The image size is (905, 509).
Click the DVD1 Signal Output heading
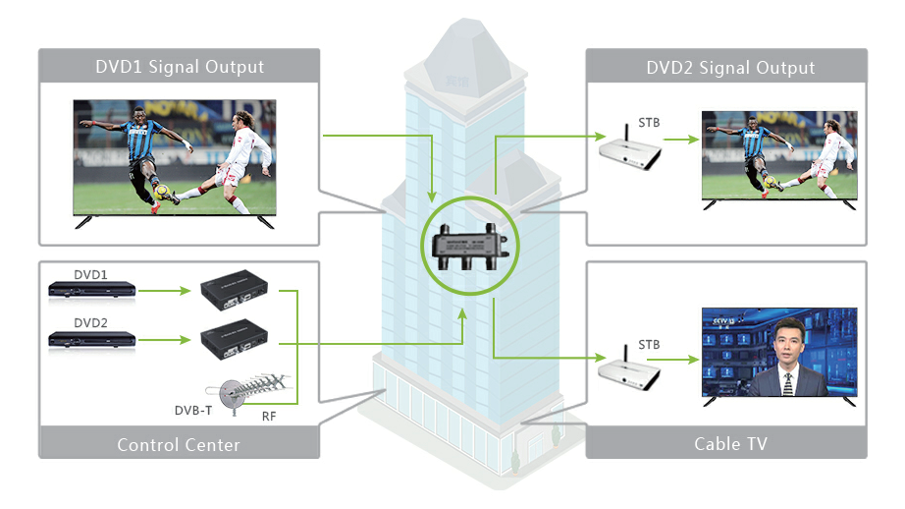(x=179, y=67)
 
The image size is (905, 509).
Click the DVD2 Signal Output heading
(x=730, y=67)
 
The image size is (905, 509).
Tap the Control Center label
(x=179, y=444)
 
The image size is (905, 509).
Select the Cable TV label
(x=730, y=444)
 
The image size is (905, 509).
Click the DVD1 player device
(x=92, y=290)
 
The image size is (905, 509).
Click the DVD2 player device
(x=92, y=340)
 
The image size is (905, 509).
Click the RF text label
(x=269, y=416)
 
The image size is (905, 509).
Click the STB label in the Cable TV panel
(x=649, y=345)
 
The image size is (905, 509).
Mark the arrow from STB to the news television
(x=677, y=361)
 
